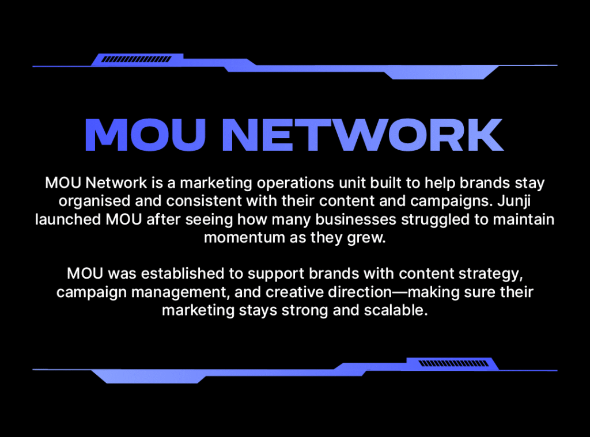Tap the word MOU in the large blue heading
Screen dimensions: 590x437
145,135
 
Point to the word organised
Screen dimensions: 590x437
94,202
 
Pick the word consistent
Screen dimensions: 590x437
206,201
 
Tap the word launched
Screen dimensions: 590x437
68,219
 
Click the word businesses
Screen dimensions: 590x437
355,219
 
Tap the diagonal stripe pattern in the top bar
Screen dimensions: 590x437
137,59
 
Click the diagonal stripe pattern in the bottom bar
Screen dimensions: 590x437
453,363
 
